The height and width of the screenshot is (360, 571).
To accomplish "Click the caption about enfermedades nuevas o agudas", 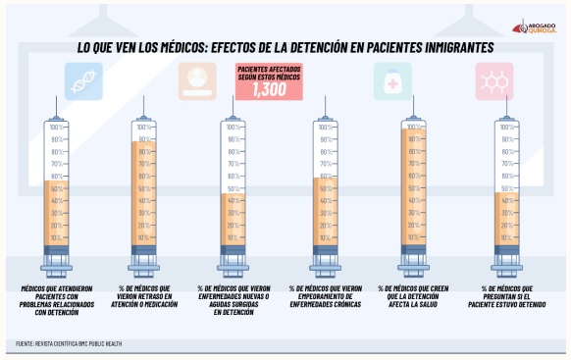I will click(x=234, y=299).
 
